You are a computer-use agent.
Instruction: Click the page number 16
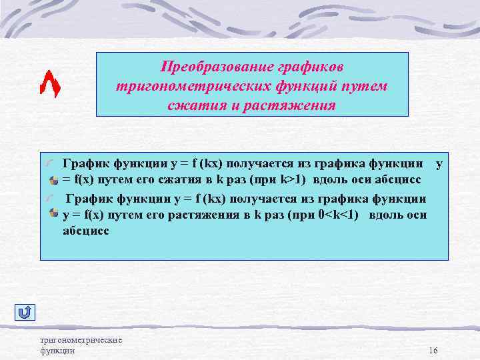click(433, 351)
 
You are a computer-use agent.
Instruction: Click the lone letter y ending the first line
click(438, 163)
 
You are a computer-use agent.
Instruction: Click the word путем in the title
click(366, 87)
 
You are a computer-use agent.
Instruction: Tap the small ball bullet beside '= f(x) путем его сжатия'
click(53, 181)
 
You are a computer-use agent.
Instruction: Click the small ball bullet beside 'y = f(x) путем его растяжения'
click(53, 213)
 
